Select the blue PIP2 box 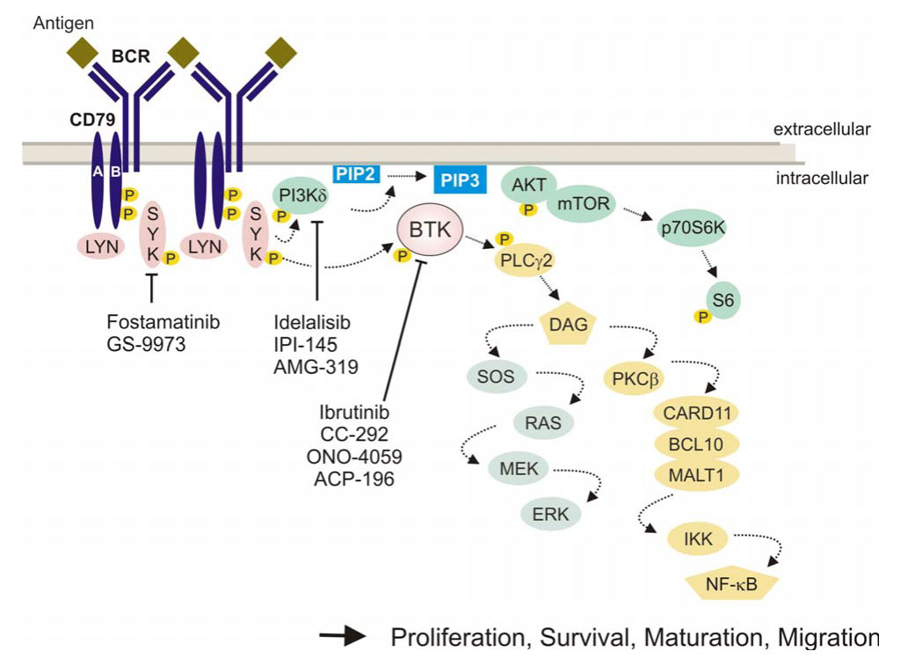(356, 174)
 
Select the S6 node (724, 301)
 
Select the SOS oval (496, 377)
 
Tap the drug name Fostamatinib (163, 322)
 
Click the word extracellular (822, 130)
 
